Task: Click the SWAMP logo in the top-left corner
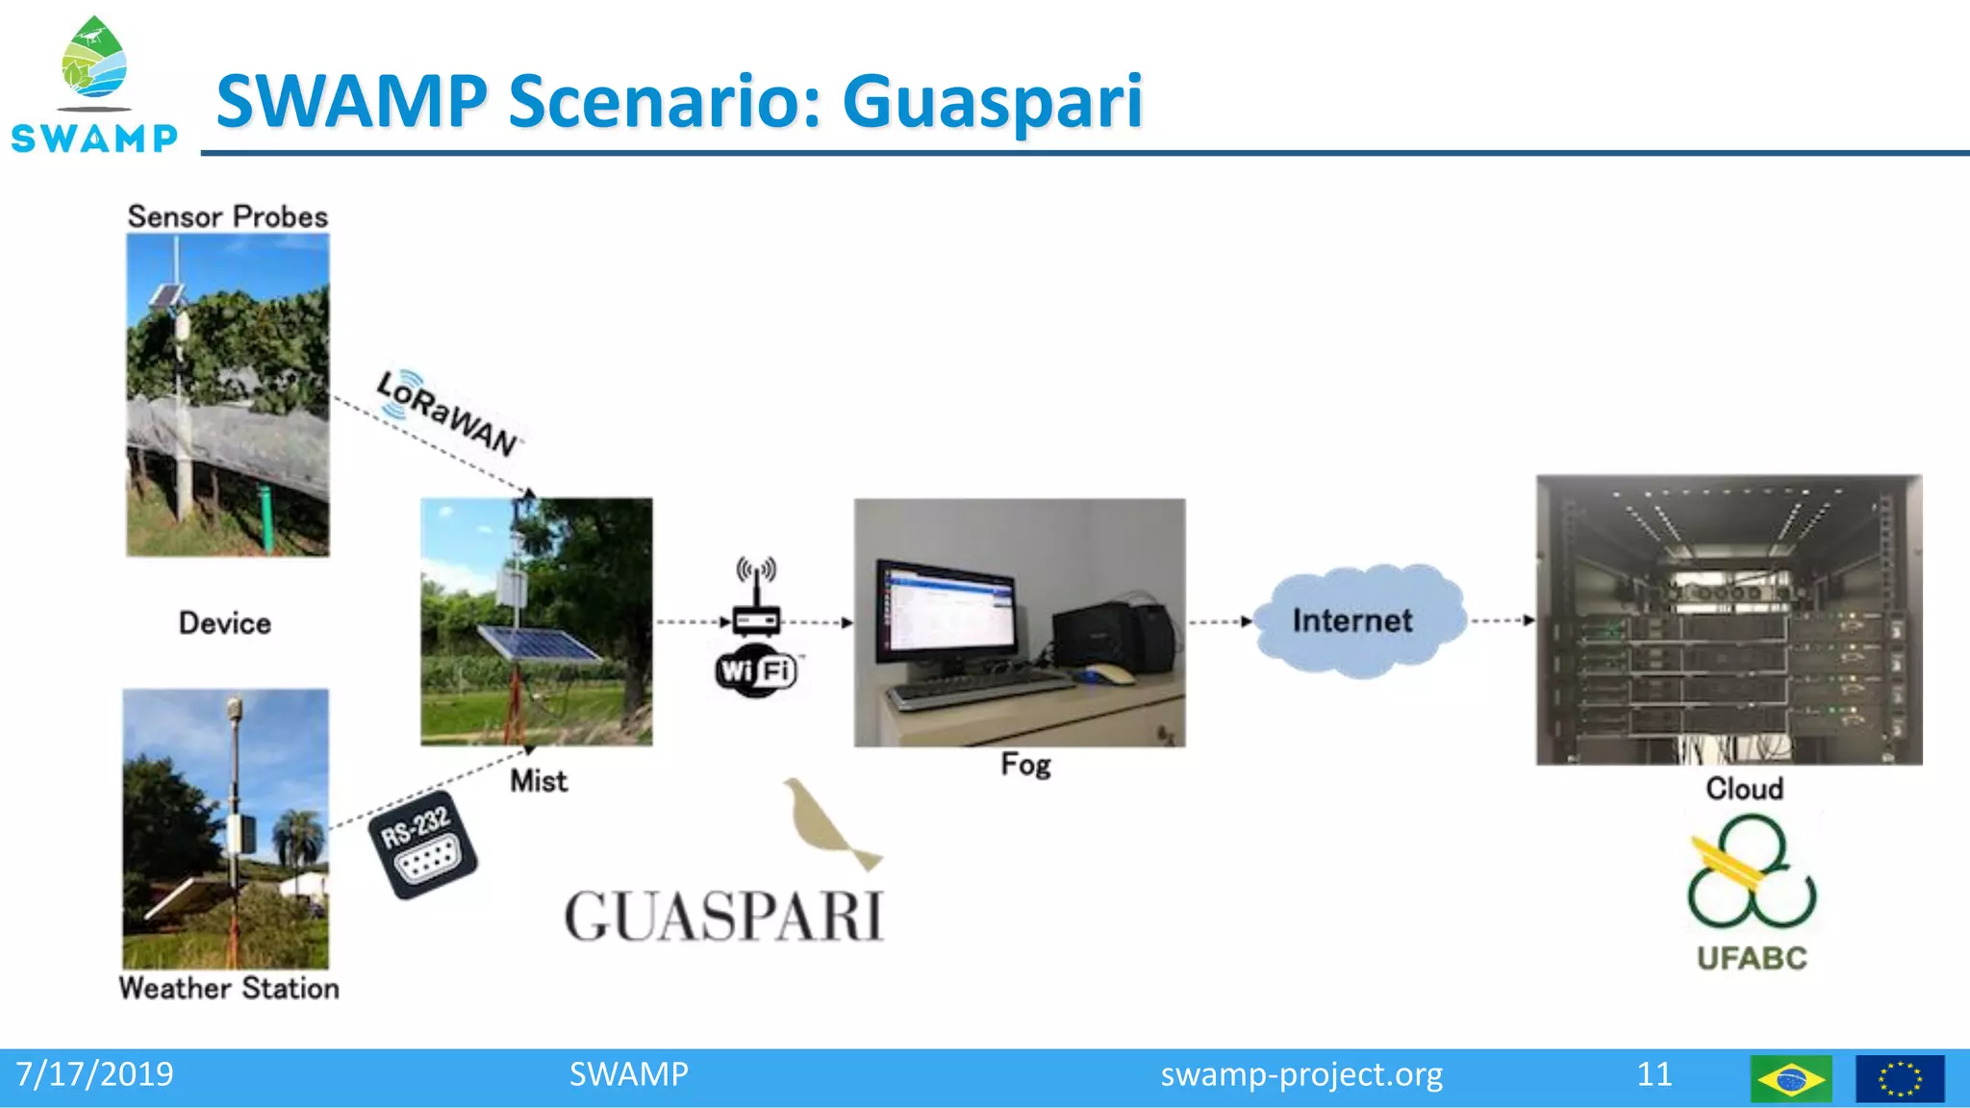[x=94, y=87]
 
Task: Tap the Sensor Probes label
[x=228, y=216]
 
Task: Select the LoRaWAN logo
[x=447, y=413]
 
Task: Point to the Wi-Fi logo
[x=757, y=670]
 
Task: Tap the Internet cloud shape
[x=1356, y=620]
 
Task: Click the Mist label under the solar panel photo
[x=538, y=780]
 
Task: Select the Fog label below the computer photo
[x=1025, y=765]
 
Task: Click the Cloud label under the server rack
[x=1744, y=789]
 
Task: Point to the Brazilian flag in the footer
[x=1790, y=1078]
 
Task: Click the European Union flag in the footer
[x=1899, y=1078]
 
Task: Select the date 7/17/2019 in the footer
[x=94, y=1074]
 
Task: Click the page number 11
[x=1654, y=1074]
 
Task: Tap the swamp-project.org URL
[x=1301, y=1074]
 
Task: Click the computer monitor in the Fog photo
[x=947, y=613]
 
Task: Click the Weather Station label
[x=229, y=988]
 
